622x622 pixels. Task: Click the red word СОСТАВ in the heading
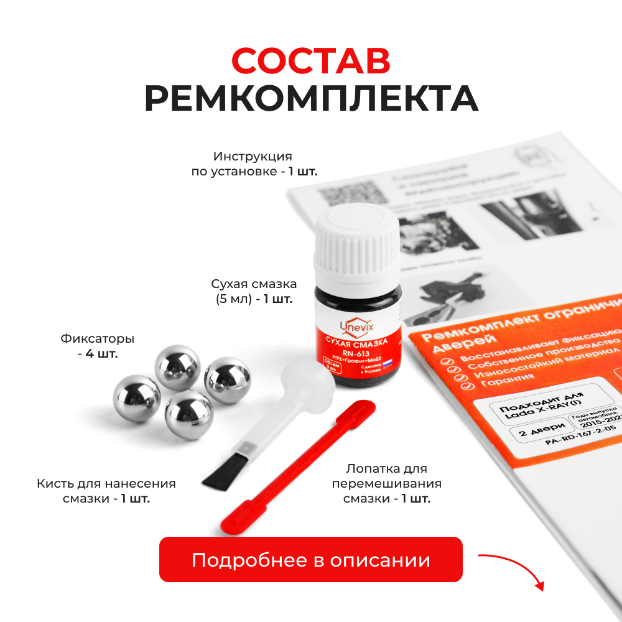[x=311, y=60]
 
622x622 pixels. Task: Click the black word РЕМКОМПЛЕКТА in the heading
[x=311, y=98]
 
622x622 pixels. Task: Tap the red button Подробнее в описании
[x=311, y=559]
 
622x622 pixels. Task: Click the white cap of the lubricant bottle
[x=356, y=239]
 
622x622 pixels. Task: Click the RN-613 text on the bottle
[x=356, y=353]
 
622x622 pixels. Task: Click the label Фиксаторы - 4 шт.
[x=98, y=346]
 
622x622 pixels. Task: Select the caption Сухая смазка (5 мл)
[x=253, y=291]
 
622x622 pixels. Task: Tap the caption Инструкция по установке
[x=254, y=164]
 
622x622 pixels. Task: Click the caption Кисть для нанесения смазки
[x=106, y=491]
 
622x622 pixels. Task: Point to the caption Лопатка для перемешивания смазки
[x=386, y=483]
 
